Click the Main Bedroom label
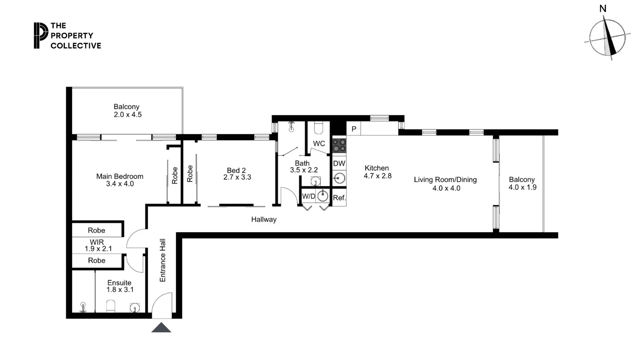120,176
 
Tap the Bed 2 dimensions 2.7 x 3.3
237,177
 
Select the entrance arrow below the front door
161,328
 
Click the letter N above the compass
603,9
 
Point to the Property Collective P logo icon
41,35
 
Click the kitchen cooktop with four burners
339,146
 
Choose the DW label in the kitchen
339,163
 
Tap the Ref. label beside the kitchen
339,198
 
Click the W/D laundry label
308,196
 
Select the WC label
319,144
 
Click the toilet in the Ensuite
110,306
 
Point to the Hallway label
264,219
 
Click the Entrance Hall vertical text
163,260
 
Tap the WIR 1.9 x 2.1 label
97,245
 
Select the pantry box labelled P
354,129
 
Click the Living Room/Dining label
445,180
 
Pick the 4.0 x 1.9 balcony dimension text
522,187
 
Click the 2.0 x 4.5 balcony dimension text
128,115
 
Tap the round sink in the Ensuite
135,307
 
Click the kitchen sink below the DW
339,179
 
